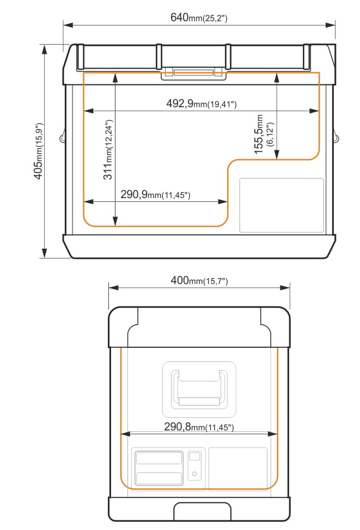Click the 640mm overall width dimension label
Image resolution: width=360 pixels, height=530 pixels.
[199, 17]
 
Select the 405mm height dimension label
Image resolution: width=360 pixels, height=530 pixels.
[38, 151]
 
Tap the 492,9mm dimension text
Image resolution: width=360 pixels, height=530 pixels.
[202, 103]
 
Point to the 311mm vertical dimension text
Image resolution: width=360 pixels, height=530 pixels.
[108, 150]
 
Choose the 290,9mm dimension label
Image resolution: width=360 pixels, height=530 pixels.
[155, 194]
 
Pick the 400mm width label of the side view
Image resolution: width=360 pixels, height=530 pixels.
[199, 281]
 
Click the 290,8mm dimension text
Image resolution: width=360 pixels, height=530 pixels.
[199, 427]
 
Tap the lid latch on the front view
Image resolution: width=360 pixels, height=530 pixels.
[194, 73]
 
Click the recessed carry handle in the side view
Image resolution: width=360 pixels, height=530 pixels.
[199, 389]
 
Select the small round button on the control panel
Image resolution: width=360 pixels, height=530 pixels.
[194, 473]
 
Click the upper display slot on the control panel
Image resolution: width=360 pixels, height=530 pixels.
[158, 458]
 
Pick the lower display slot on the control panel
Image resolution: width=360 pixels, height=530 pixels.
[158, 478]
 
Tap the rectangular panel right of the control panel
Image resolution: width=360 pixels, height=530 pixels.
[238, 469]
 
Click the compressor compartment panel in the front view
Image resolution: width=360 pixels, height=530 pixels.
[282, 205]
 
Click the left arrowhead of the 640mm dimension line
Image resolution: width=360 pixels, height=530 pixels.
[68, 25]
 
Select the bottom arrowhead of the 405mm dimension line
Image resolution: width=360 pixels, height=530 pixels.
[44, 252]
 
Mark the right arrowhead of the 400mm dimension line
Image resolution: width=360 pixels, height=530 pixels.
[285, 288]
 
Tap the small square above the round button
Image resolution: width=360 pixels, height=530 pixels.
[194, 457]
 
